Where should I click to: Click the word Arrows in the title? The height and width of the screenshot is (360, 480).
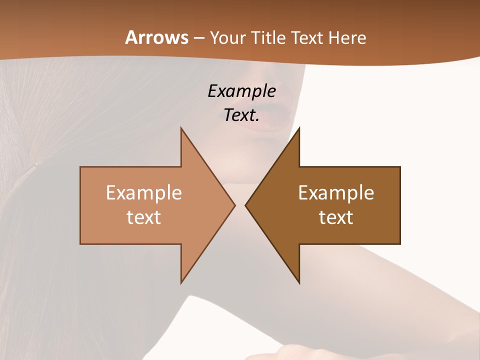pos(156,37)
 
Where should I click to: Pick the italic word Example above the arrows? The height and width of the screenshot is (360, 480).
pos(241,91)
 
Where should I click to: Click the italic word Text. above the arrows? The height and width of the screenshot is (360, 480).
pos(241,115)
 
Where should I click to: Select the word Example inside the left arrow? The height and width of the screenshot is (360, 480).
pos(143,193)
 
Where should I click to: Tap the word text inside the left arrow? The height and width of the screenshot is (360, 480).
pos(143,217)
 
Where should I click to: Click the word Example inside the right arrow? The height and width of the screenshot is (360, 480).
pos(336,193)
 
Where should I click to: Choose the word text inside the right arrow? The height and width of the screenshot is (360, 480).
pos(336,217)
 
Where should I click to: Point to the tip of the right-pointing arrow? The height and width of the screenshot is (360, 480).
pos(235,205)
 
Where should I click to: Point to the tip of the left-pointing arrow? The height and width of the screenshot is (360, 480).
pos(245,205)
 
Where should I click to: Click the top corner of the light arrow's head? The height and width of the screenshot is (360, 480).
pos(181,128)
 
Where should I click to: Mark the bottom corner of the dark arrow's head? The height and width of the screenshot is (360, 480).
pos(299,283)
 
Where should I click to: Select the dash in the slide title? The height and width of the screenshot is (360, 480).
pos(198,38)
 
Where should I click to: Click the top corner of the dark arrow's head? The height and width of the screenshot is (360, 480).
pos(299,128)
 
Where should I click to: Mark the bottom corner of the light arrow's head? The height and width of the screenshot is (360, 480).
pos(181,283)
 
